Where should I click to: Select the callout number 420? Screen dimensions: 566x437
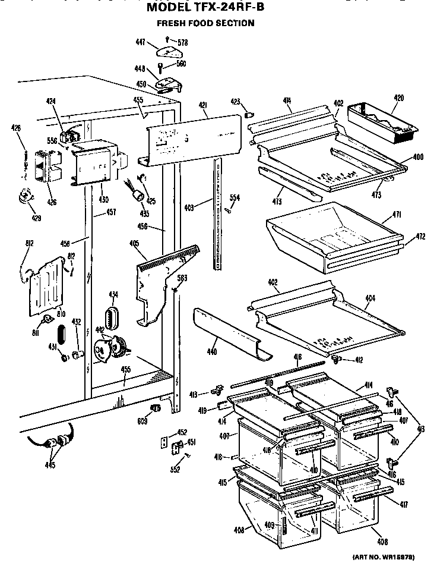398,98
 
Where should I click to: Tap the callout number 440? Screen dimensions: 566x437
211,353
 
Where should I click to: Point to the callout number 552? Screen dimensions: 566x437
176,469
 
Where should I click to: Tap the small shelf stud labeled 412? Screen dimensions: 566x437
335,359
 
